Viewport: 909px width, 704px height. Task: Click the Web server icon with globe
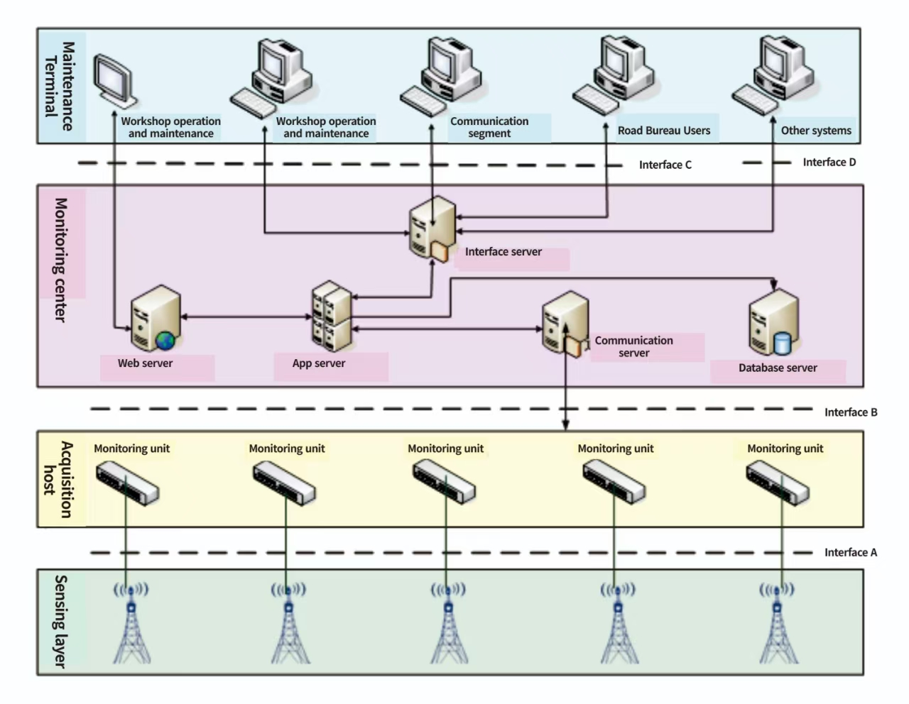tap(156, 319)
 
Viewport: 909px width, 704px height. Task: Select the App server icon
tap(332, 317)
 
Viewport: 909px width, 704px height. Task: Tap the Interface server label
tap(503, 252)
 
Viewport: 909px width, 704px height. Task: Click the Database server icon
tap(773, 323)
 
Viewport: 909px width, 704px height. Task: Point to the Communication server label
tap(633, 346)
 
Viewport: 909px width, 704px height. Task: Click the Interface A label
tap(850, 552)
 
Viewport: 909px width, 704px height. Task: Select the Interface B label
tap(850, 412)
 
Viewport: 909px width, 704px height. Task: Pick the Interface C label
tap(665, 165)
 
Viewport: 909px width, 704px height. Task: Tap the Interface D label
tap(829, 163)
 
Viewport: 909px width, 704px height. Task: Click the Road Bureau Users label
tap(663, 131)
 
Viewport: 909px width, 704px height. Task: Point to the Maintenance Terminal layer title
tap(60, 86)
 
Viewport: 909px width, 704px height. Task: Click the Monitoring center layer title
tap(61, 260)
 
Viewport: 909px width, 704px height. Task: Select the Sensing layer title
tap(61, 621)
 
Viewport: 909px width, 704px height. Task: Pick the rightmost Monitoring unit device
tap(778, 483)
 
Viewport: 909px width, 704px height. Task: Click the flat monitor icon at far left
tap(114, 79)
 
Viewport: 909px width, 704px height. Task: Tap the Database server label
tap(777, 368)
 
